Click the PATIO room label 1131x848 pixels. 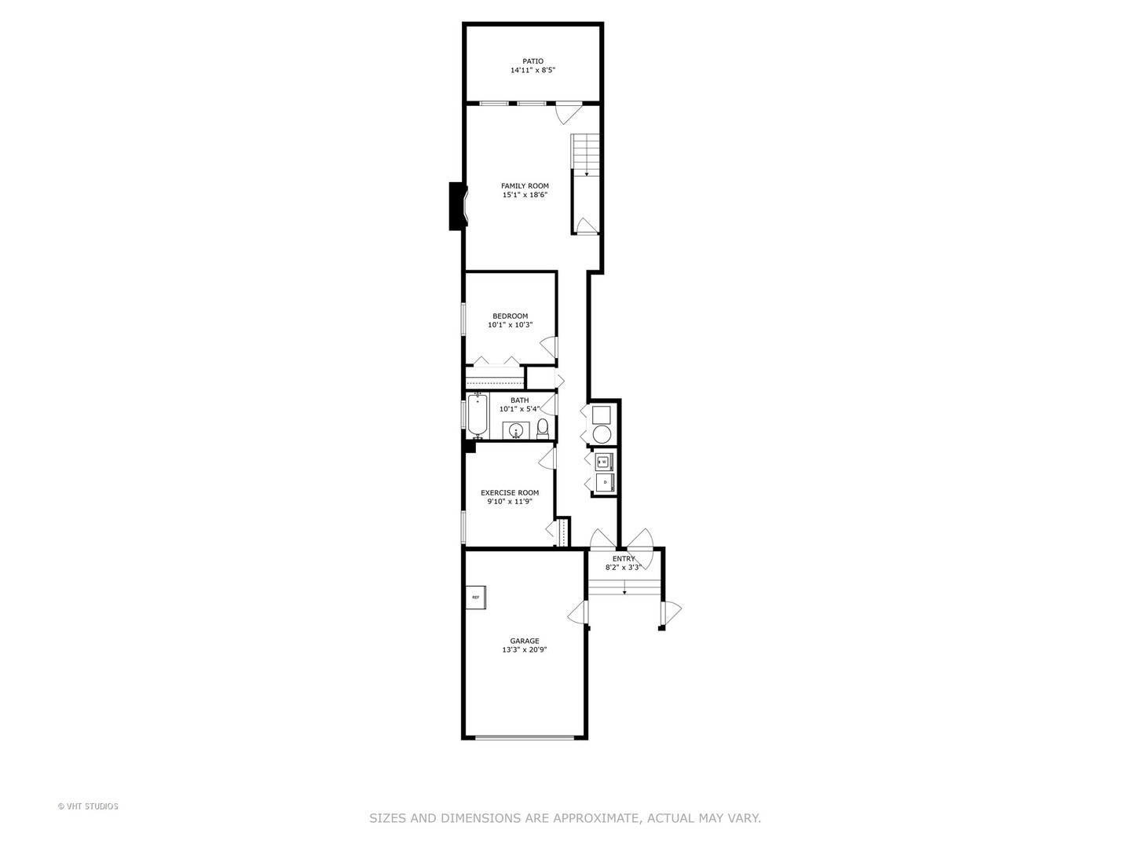click(533, 61)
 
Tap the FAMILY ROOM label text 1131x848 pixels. click(525, 186)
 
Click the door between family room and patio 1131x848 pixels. click(565, 112)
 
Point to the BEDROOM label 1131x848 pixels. click(510, 316)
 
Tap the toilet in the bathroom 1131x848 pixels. click(542, 428)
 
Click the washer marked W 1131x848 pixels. click(605, 461)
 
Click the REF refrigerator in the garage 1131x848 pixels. click(476, 598)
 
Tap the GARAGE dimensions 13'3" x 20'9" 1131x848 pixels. click(525, 650)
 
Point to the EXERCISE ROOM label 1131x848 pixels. click(510, 493)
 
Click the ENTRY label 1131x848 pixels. click(624, 559)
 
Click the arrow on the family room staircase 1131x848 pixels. click(587, 173)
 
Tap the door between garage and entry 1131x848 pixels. click(580, 612)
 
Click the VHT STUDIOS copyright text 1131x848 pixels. click(88, 806)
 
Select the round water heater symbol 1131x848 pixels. click(602, 434)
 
